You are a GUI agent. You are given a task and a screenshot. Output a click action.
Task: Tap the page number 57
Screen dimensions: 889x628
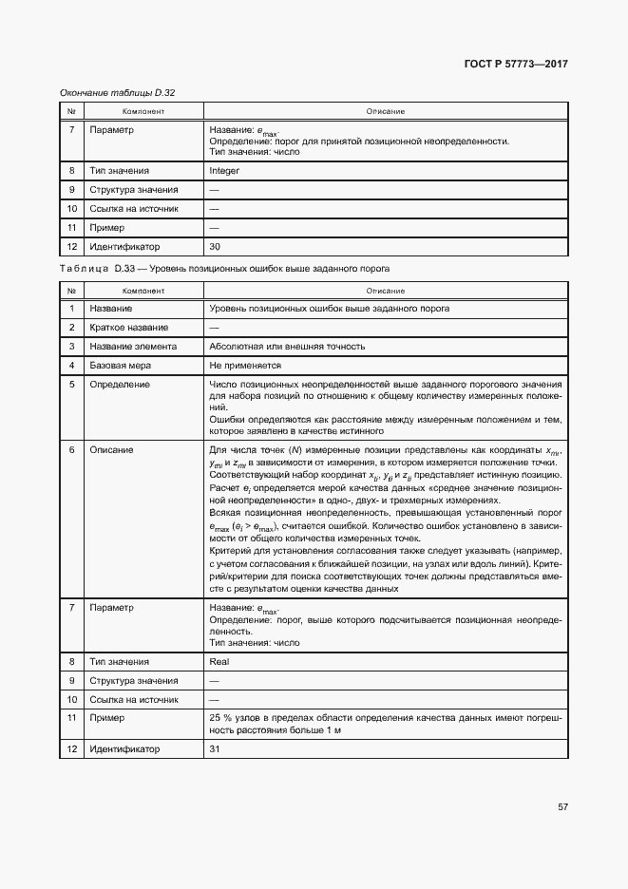point(562,806)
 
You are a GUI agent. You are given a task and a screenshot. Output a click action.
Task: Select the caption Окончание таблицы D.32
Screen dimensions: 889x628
point(118,92)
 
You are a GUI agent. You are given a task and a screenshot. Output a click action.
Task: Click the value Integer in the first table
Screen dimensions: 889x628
point(224,171)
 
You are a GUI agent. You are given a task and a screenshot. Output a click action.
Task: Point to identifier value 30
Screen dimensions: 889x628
point(215,247)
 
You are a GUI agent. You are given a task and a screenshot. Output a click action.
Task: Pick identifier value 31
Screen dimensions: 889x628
point(215,749)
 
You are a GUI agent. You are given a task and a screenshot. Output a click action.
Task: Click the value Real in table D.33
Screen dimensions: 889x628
point(219,660)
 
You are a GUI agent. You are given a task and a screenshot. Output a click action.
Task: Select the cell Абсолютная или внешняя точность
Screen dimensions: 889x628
point(287,347)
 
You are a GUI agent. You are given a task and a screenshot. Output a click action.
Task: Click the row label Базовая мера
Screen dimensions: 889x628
point(121,366)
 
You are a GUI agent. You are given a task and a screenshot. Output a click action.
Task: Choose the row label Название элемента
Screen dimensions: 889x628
point(131,347)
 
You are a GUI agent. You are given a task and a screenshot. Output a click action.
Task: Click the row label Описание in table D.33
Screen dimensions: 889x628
point(111,450)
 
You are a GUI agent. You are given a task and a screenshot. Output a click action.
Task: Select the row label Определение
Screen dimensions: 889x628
point(120,385)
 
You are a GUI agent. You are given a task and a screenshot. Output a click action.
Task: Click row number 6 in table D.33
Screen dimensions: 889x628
point(72,450)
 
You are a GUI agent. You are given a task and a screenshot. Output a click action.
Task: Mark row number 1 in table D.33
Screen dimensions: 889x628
point(72,309)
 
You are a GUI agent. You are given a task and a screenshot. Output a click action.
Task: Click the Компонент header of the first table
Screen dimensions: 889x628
point(143,111)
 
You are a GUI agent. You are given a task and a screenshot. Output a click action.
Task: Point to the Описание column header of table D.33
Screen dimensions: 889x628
point(385,291)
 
